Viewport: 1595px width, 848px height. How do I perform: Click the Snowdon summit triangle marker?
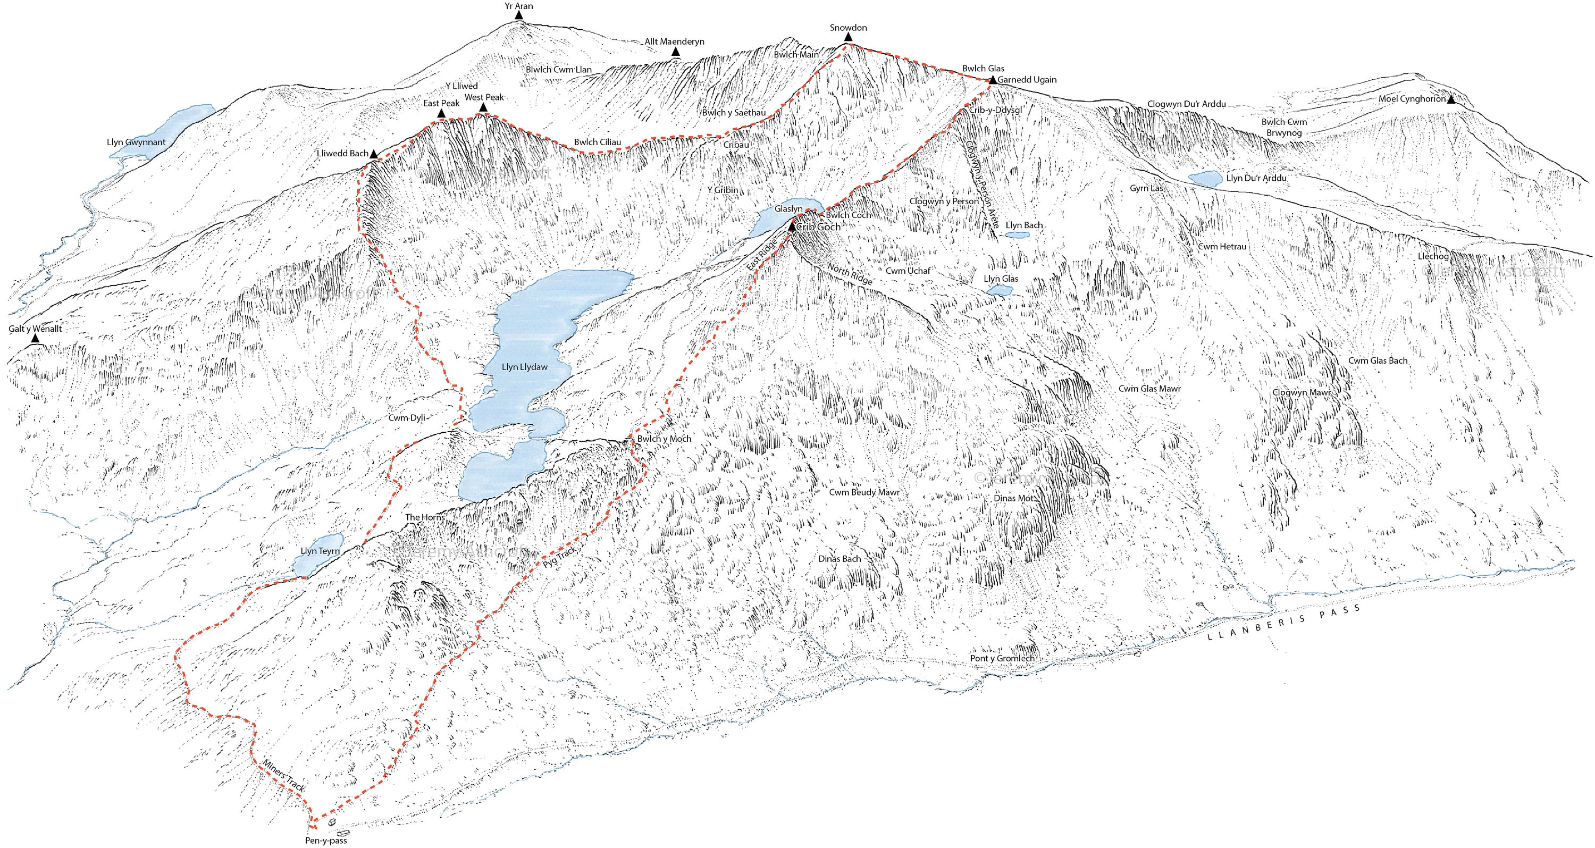coord(848,38)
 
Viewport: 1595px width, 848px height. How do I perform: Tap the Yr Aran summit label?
coord(518,6)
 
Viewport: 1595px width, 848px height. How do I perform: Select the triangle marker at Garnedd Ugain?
coord(993,80)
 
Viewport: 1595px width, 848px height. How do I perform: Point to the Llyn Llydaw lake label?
coord(524,367)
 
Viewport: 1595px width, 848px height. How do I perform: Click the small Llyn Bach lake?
coord(1016,235)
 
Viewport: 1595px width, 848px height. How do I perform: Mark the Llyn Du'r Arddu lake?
coord(1205,178)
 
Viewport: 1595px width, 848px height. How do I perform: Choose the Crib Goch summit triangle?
coord(791,227)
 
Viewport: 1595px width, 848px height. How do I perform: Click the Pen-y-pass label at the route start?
coord(326,841)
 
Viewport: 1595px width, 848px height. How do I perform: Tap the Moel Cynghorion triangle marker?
coord(1451,99)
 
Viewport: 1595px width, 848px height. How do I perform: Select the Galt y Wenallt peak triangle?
coord(35,339)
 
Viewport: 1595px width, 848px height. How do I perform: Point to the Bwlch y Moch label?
coord(664,439)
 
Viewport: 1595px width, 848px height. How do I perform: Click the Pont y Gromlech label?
coord(1001,659)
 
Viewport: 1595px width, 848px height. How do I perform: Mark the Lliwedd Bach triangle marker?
coord(374,154)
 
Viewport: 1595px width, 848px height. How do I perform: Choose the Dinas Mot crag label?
coord(1013,498)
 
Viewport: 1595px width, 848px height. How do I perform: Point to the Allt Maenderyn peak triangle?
coord(676,53)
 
